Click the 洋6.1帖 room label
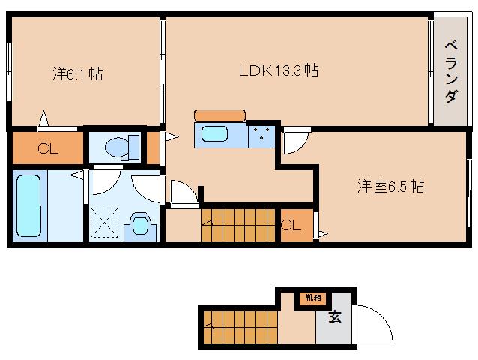pyautogui.click(x=78, y=73)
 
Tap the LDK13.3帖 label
pyautogui.click(x=279, y=71)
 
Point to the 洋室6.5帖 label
pyautogui.click(x=390, y=185)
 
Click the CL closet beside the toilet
pyautogui.click(x=48, y=148)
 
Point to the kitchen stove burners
pyautogui.click(x=261, y=136)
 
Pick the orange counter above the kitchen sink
pyautogui.click(x=220, y=115)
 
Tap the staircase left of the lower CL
pyautogui.click(x=238, y=224)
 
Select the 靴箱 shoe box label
pyautogui.click(x=312, y=297)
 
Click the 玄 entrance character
pyautogui.click(x=334, y=316)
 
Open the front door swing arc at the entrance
pyautogui.click(x=375, y=324)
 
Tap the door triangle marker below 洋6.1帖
pyautogui.click(x=43, y=118)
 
